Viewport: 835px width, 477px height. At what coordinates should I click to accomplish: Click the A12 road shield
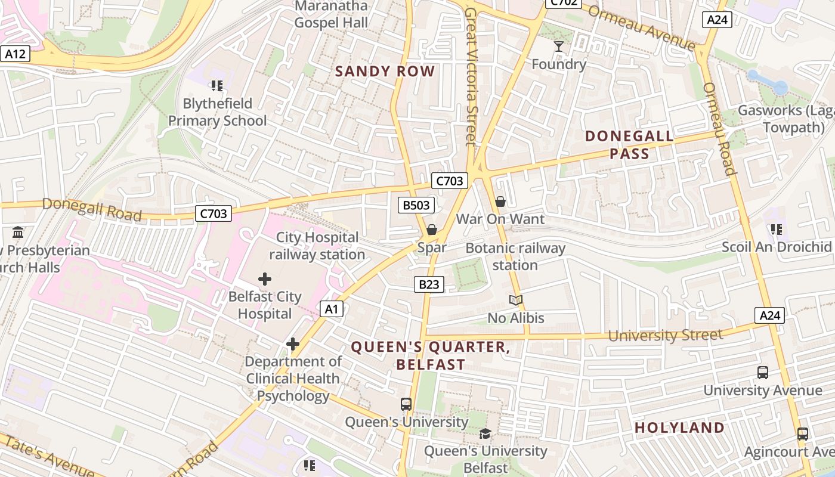(15, 54)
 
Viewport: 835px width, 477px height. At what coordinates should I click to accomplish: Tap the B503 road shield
(416, 206)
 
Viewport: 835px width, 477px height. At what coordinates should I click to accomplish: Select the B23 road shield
(429, 284)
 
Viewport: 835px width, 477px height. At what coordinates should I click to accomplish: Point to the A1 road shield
(332, 309)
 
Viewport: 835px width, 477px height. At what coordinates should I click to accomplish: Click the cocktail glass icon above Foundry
(559, 46)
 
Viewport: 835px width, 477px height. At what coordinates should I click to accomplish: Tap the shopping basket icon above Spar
(432, 230)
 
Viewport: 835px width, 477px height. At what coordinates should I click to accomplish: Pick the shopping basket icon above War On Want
(500, 202)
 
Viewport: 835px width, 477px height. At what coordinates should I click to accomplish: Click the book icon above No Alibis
(516, 301)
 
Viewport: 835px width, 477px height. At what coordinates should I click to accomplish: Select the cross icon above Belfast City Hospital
(265, 278)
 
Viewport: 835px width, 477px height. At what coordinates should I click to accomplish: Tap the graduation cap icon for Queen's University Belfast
(485, 433)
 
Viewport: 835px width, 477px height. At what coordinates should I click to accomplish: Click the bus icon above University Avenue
(762, 373)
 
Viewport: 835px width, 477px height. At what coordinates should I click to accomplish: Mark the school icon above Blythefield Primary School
(217, 86)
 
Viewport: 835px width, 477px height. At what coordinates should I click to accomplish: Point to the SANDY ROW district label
(385, 72)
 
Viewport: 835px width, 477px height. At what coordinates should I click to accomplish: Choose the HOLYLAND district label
(679, 428)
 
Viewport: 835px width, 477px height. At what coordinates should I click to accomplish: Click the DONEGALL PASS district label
(629, 145)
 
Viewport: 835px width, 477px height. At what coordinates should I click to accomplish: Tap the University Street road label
(665, 336)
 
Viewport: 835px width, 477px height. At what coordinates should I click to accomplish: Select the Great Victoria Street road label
(472, 76)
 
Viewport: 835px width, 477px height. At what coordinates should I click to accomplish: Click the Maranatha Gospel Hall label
(331, 14)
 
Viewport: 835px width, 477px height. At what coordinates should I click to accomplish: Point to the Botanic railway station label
(515, 256)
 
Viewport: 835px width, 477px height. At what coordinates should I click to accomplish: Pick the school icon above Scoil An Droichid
(776, 229)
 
